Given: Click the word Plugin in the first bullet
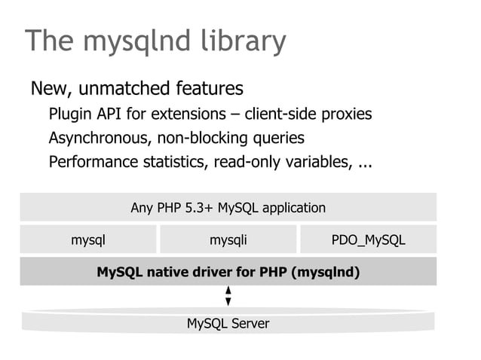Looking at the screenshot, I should (69, 115).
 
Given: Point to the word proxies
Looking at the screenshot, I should (346, 115).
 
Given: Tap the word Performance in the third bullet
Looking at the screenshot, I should (89, 162).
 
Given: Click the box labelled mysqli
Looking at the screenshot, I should (228, 240).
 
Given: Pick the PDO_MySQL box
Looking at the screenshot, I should (368, 240).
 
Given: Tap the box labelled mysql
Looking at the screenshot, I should (88, 240).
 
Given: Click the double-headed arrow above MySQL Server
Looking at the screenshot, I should (228, 295).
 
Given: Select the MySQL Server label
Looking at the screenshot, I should (228, 324).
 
